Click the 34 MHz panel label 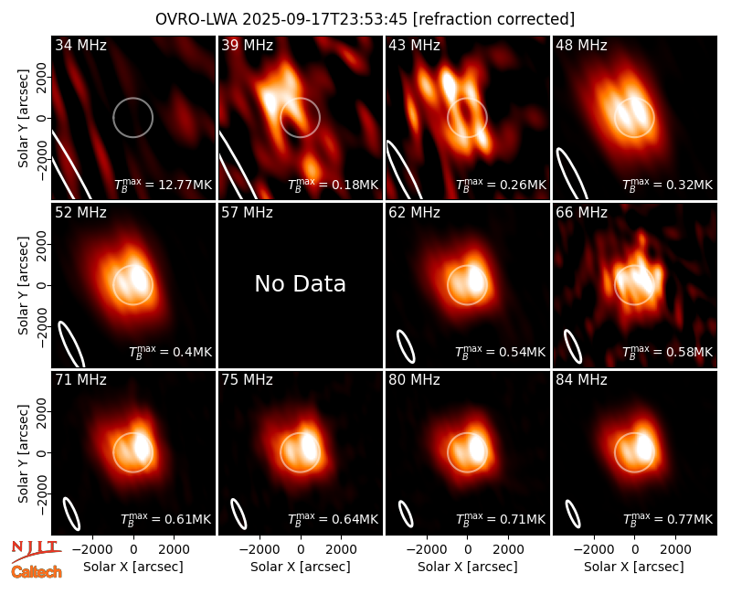80,45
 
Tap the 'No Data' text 301,283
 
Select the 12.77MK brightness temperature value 164,185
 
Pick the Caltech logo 37,572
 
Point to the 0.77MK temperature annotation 668,518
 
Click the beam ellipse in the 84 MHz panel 573,514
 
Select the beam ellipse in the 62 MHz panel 406,346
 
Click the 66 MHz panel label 581,213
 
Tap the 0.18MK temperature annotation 333,185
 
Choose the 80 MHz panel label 414,380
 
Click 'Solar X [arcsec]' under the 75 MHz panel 301,567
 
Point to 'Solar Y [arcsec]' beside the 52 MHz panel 23,285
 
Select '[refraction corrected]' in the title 493,19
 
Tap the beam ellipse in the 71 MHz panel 72,514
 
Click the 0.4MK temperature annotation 170,351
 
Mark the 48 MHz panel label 581,45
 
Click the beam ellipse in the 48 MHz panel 572,174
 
